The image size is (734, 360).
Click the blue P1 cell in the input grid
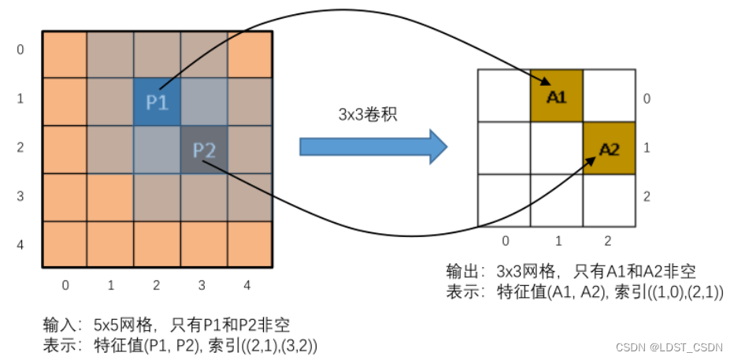157,102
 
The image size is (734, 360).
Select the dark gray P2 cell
203,149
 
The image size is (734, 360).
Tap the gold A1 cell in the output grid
556,96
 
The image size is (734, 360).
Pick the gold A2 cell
608,148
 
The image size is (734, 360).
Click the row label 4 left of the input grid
20,245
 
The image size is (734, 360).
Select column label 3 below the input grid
203,285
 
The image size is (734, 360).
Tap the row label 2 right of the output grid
647,196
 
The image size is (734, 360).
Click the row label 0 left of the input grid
20,50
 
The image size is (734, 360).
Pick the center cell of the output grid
556,148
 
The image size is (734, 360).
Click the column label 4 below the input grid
247,285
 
